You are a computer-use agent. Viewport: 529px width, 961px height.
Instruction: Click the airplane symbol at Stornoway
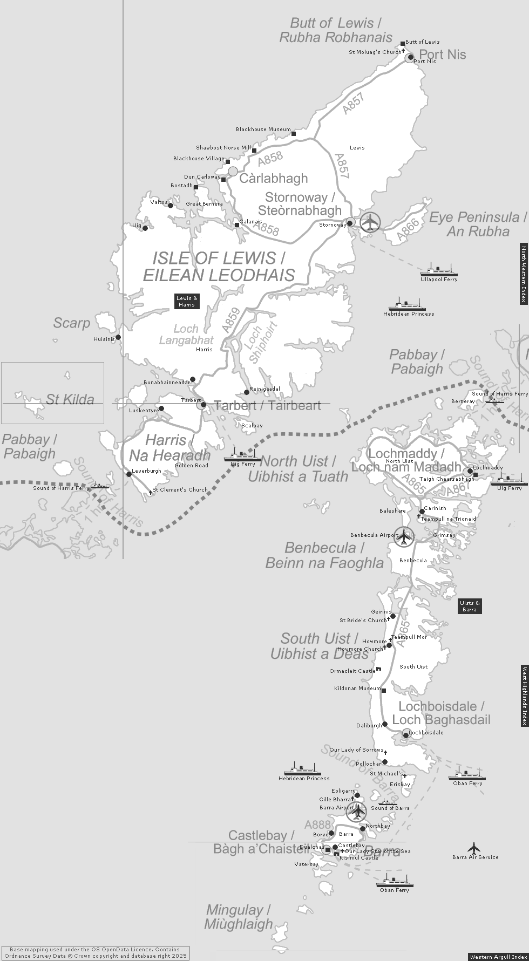tap(370, 222)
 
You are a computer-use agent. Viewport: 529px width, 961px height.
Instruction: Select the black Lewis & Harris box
tap(187, 301)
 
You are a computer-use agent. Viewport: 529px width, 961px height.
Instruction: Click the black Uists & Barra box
tap(470, 606)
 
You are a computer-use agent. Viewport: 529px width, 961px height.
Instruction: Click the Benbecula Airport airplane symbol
tap(404, 536)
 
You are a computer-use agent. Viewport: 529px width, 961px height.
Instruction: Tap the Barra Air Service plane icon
tap(474, 848)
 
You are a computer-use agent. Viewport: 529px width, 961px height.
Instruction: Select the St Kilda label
tap(70, 399)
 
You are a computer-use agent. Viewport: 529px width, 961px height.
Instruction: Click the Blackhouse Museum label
tap(263, 130)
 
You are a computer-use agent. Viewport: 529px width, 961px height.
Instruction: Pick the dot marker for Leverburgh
tap(128, 474)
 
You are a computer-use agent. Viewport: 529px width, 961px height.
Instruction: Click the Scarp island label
tap(71, 323)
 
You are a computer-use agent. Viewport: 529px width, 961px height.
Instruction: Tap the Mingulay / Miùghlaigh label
tap(238, 917)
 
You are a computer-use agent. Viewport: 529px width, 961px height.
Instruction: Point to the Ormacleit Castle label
tap(352, 671)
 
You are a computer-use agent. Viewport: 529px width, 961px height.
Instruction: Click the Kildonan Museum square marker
tap(384, 690)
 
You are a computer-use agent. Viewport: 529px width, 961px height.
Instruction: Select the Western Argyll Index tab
tap(498, 957)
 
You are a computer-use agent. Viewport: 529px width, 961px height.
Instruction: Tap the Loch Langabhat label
tap(186, 335)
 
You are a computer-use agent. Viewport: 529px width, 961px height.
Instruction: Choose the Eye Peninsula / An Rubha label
tap(478, 224)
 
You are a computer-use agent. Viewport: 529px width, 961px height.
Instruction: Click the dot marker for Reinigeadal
tap(247, 392)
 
